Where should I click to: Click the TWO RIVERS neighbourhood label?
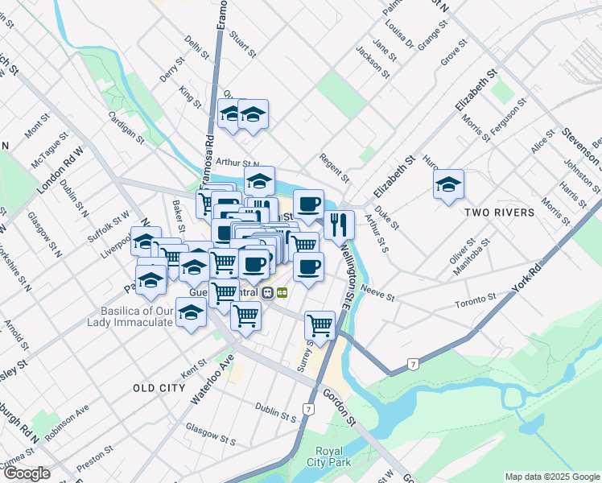coord(499,213)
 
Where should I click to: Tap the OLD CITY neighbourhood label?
coord(159,388)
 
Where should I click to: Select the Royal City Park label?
coord(329,456)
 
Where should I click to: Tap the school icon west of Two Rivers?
coord(449,185)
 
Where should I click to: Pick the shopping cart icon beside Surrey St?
coord(320,325)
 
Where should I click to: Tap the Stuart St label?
coord(241,45)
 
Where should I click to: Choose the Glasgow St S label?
coord(210,435)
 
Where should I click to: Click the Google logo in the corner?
coord(26,473)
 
